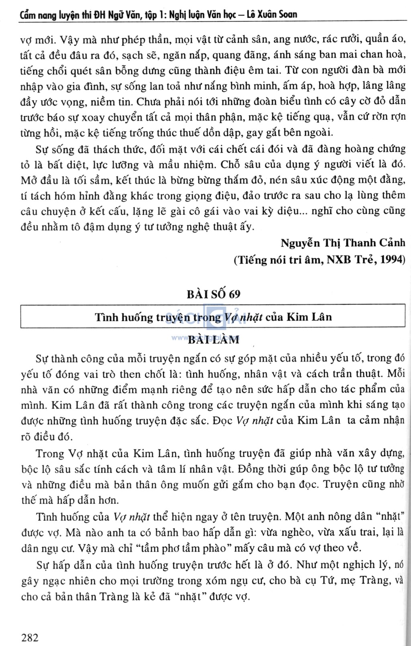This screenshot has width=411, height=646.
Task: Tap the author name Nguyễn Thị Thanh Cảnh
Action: pos(343,243)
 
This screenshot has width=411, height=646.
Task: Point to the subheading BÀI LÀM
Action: pos(214,340)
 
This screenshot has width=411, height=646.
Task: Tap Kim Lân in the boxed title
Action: pos(309,317)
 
